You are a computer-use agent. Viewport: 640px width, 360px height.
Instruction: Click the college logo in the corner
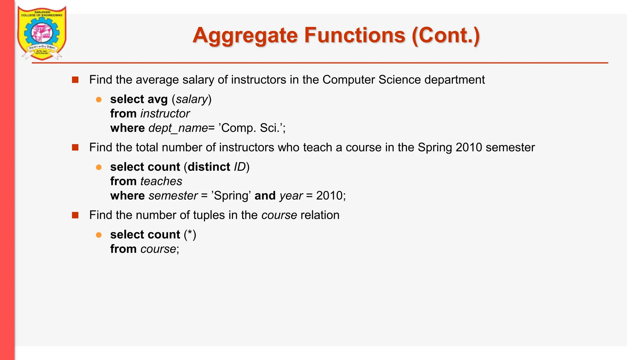(42, 33)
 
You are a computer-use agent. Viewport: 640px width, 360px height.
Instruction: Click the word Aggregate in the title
(245, 35)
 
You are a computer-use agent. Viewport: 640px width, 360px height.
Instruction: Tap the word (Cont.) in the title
(446, 35)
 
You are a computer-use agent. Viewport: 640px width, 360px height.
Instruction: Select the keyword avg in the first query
(157, 99)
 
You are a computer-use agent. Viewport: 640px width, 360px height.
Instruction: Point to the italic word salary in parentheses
(192, 99)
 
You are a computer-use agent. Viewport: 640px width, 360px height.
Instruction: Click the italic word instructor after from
(165, 114)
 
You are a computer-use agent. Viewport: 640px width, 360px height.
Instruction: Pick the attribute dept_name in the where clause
(178, 128)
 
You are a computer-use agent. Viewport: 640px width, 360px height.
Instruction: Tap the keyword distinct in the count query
(209, 167)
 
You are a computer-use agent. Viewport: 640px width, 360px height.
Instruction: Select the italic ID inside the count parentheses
(240, 167)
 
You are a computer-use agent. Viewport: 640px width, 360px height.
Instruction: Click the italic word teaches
(161, 181)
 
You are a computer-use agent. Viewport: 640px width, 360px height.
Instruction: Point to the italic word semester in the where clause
(173, 196)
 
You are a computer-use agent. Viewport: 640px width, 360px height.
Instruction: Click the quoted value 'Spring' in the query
(231, 196)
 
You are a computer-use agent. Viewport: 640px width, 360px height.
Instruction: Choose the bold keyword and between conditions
(265, 196)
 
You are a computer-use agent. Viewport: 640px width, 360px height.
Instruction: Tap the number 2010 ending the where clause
(329, 196)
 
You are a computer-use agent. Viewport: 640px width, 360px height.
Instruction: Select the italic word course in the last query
(158, 249)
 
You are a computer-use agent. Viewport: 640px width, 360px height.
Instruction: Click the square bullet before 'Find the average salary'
(75, 80)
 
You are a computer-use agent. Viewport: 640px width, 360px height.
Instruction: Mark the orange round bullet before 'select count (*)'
(99, 235)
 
